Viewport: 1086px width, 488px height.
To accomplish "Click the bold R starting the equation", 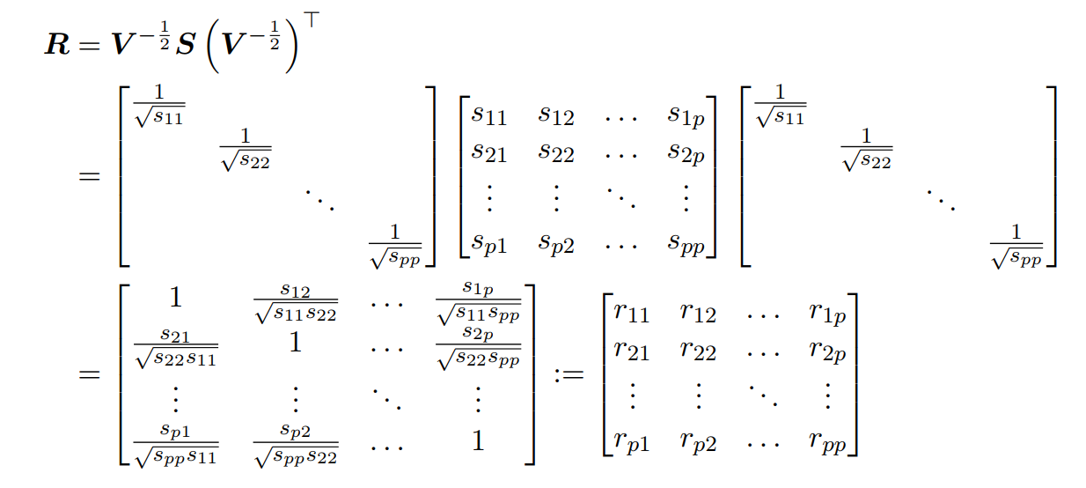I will [x=56, y=46].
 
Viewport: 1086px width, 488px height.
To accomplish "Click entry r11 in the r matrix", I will [x=631, y=311].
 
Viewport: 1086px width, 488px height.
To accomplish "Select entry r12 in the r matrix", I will [x=698, y=311].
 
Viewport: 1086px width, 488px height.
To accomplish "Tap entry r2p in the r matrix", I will [x=827, y=352].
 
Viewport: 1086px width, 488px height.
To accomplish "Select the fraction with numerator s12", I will [x=295, y=301].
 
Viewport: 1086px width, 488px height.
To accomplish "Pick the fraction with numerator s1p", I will [x=478, y=301].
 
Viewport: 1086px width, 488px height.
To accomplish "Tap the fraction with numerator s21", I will [x=175, y=346].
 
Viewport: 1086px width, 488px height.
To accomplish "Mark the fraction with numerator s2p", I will [x=478, y=346].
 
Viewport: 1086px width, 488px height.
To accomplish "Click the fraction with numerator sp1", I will [x=175, y=442].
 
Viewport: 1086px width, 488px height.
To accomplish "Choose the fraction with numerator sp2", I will [x=295, y=442].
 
